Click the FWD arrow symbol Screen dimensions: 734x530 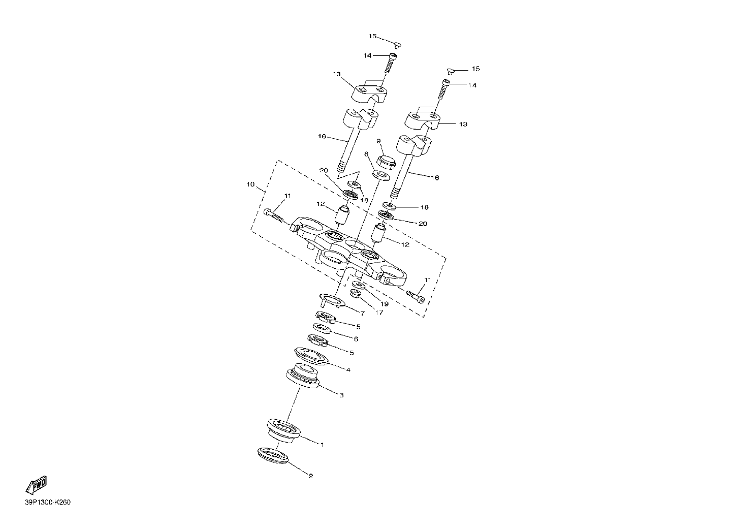tap(37, 484)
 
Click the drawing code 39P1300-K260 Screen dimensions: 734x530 tap(48, 502)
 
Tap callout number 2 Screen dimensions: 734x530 tap(311, 476)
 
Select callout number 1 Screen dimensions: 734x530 tap(322, 445)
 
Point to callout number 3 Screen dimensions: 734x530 tap(341, 395)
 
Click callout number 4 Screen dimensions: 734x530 tap(348, 370)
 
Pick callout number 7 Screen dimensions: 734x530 tap(362, 314)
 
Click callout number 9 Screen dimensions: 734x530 tap(378, 141)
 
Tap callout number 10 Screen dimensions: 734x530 tap(250, 184)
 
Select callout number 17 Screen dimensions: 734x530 tap(379, 313)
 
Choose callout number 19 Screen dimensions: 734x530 tap(385, 304)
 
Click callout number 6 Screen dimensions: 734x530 tap(356, 339)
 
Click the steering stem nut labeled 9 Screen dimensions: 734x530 tap(386, 162)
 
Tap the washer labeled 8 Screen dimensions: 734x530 tap(381, 175)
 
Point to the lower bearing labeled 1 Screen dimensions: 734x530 tap(284, 430)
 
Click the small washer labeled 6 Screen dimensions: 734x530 tap(322, 328)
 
